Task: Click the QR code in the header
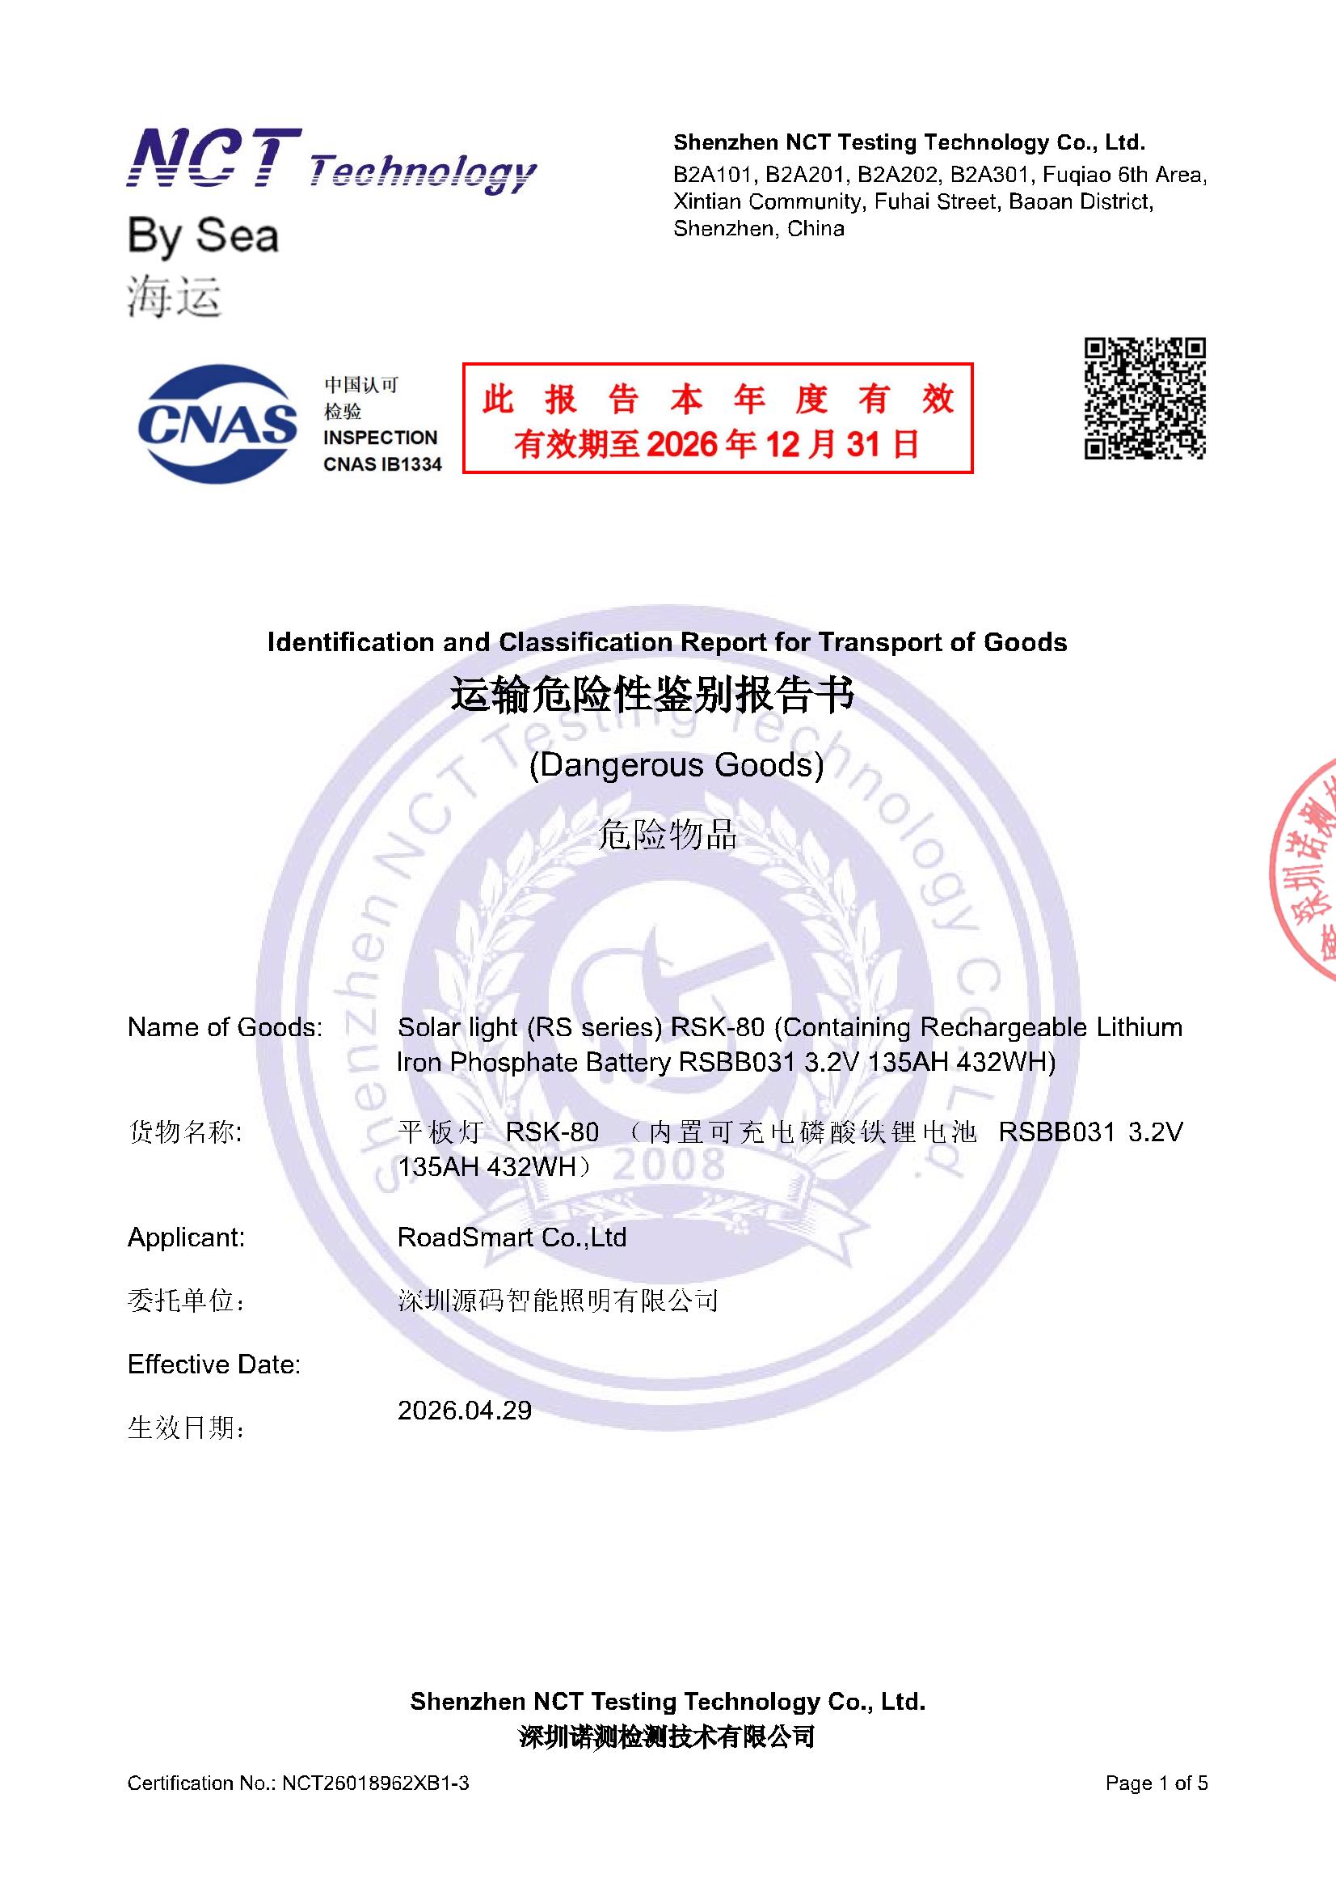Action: (x=1144, y=398)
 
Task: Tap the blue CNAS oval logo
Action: (x=217, y=423)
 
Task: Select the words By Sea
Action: (x=204, y=236)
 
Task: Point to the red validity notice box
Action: (x=717, y=418)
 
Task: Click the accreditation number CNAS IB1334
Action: (x=382, y=464)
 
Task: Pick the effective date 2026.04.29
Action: (x=464, y=1410)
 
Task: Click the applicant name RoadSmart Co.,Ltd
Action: (x=511, y=1237)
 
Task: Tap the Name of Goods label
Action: (x=225, y=1027)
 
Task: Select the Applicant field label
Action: (x=186, y=1237)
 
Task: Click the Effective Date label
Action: (x=214, y=1364)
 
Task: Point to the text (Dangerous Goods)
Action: (x=676, y=765)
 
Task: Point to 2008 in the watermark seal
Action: (x=669, y=1165)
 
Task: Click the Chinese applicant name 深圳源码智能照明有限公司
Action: (x=558, y=1301)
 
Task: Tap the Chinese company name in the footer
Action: (x=667, y=1737)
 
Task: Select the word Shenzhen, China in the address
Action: (x=758, y=229)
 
